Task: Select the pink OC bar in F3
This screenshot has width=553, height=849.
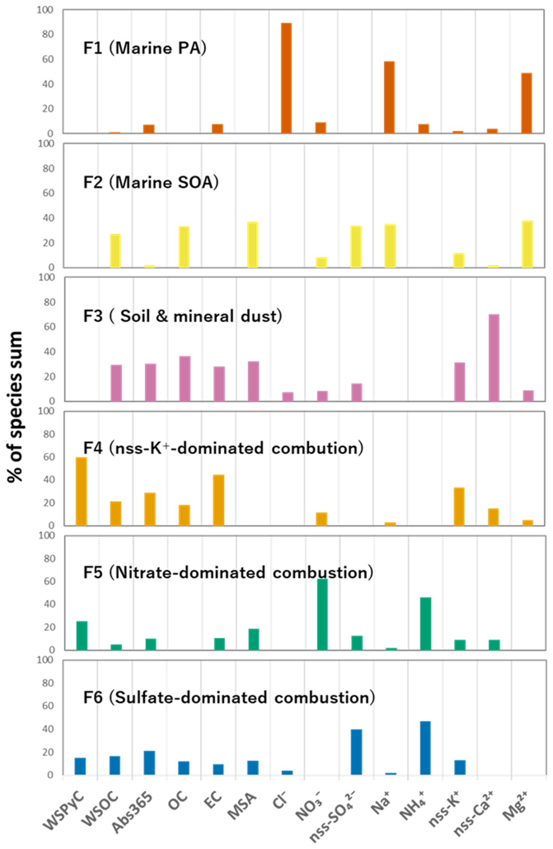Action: [x=185, y=378]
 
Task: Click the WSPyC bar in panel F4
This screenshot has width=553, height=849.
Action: [x=81, y=491]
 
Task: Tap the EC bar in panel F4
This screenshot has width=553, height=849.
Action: [x=219, y=500]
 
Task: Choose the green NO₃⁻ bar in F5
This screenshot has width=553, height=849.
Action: [x=322, y=614]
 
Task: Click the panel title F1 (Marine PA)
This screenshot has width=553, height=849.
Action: [x=145, y=48]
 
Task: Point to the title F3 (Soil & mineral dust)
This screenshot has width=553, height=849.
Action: [x=182, y=316]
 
